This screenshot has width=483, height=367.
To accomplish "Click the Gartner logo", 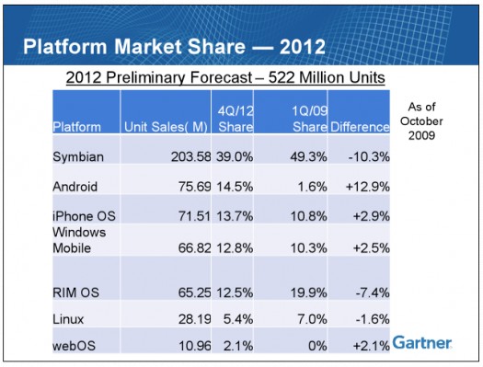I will [x=422, y=343].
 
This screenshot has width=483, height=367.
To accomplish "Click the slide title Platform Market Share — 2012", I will [x=173, y=47].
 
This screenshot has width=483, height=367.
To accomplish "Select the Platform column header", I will [x=77, y=126].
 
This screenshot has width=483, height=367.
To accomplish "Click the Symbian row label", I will [x=79, y=157].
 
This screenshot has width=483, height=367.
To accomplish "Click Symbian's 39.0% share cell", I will [x=236, y=157].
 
